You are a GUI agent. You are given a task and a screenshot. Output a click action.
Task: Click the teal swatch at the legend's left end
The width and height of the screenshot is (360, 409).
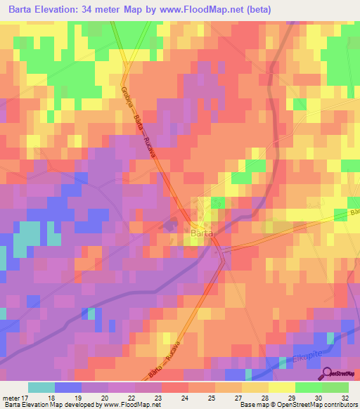point(41,387)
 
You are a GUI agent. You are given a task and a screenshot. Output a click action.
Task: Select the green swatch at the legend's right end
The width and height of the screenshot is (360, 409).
point(335,387)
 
